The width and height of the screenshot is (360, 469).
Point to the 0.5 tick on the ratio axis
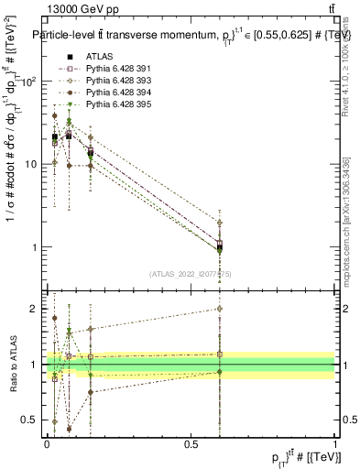pyautogui.click(x=30, y=420)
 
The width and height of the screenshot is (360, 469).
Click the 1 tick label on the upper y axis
pyautogui.click(x=35, y=247)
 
